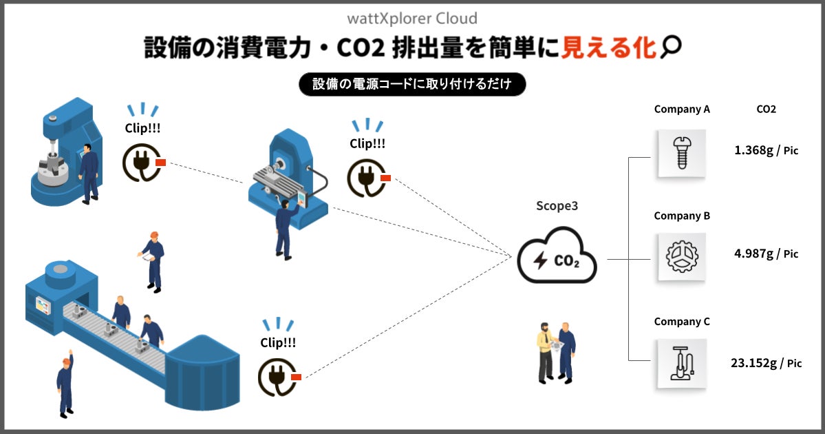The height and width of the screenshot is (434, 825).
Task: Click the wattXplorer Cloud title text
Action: coord(412,18)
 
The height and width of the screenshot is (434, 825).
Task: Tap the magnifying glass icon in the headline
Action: coord(669,47)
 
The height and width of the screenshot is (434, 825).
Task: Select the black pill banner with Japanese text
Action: coord(412,84)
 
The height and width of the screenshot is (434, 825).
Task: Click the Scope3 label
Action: coord(557,206)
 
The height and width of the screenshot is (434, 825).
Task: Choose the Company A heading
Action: coord(681,109)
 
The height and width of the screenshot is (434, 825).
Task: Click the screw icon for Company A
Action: coord(681,153)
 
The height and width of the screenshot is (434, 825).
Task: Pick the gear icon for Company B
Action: coord(681,256)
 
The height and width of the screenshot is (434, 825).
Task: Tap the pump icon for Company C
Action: coord(681,362)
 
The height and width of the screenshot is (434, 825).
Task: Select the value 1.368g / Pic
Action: coord(766,150)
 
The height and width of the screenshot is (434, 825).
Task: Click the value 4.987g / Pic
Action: coord(766,254)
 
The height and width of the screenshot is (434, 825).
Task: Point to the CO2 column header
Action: coord(766,109)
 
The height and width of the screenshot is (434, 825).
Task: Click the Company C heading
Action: coord(681,322)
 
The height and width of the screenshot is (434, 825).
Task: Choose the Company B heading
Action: coord(681,216)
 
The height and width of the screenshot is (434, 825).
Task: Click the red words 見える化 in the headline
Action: coord(609,47)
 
